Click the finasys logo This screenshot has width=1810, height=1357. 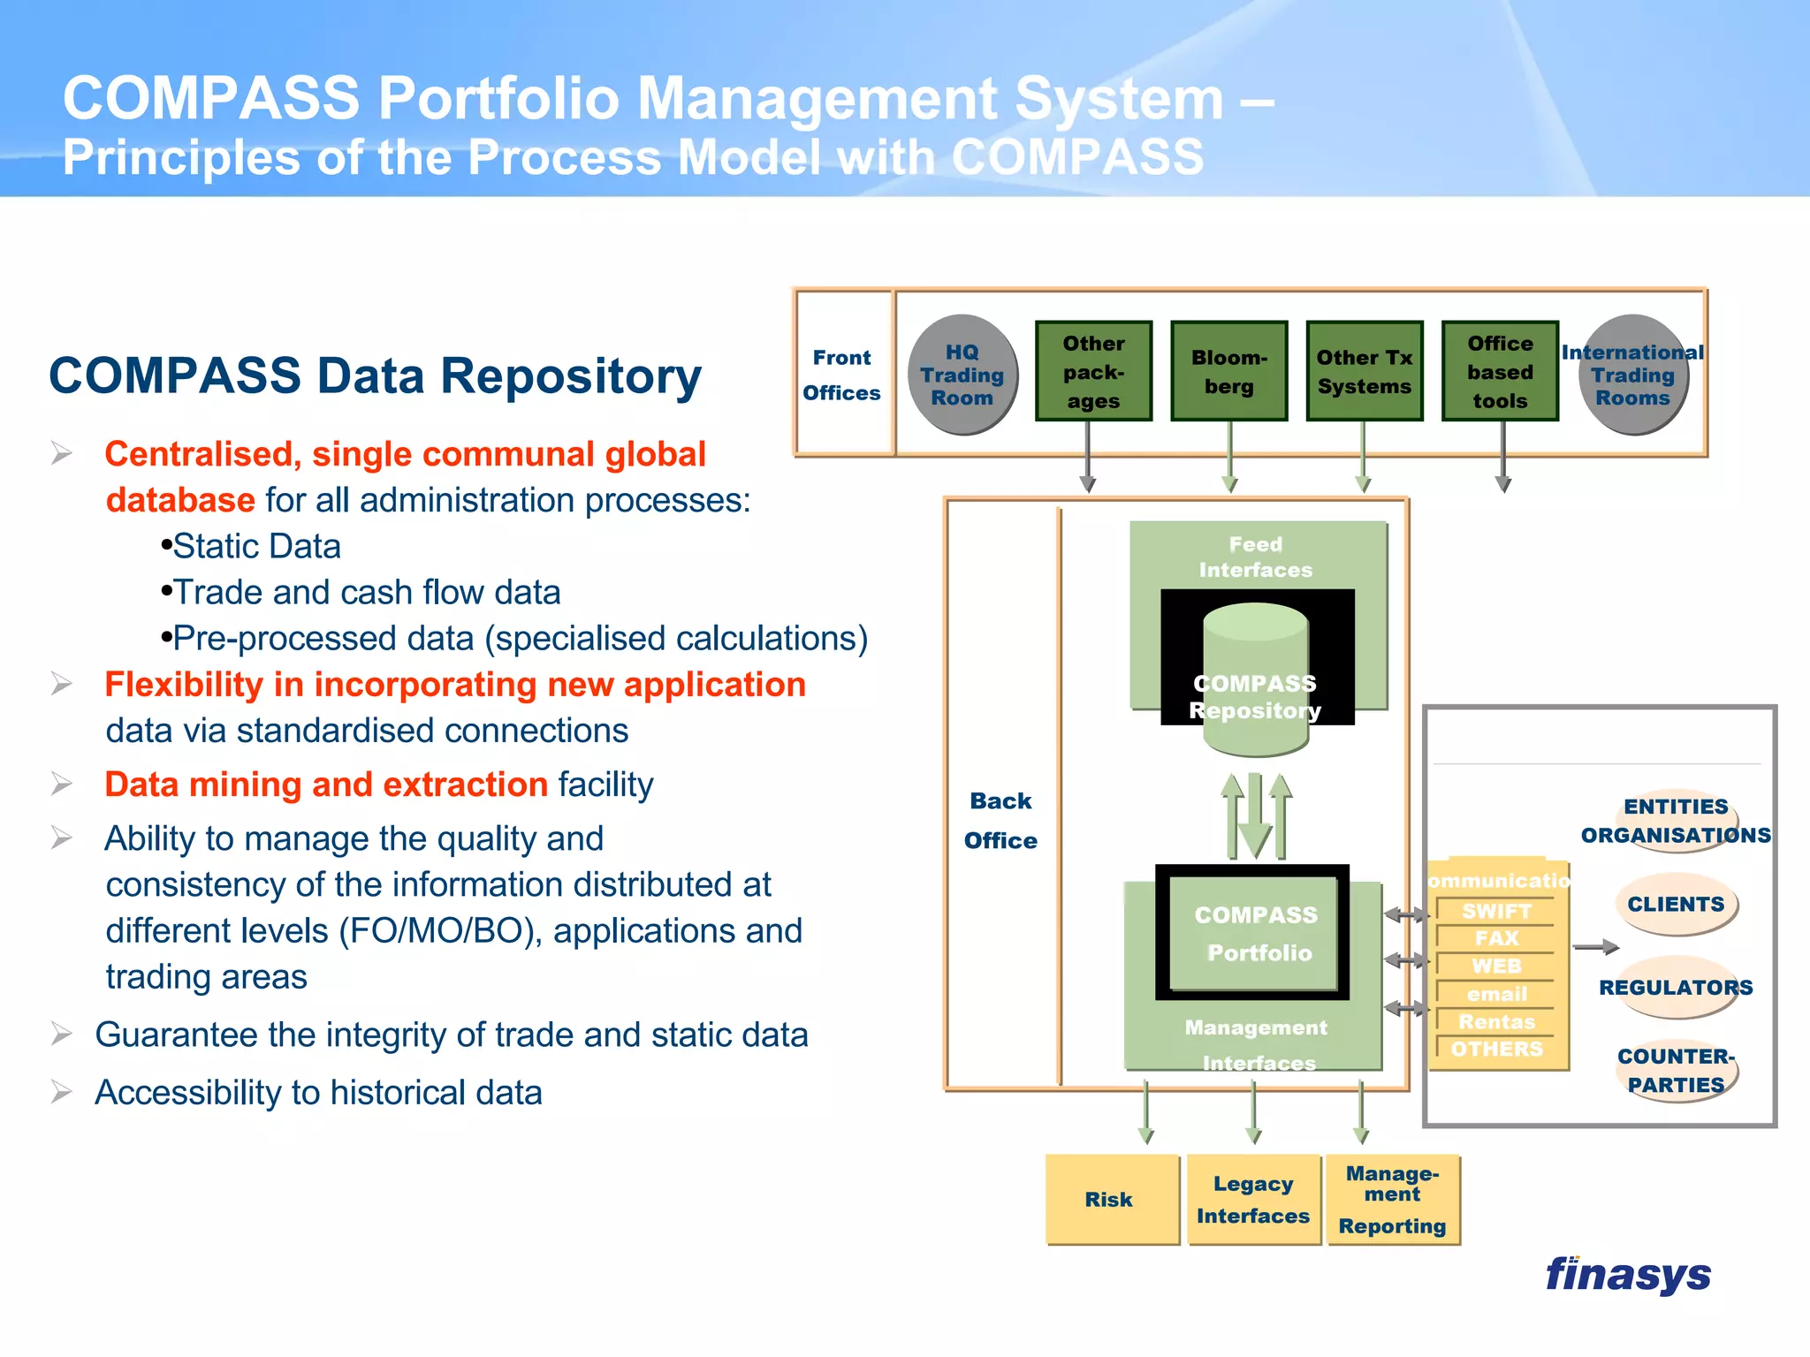(1627, 1275)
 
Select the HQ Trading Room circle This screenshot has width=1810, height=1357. (962, 375)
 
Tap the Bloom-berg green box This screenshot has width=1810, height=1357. (1228, 371)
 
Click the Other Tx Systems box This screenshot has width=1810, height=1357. (1364, 371)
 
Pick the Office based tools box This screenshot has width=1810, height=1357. (1500, 371)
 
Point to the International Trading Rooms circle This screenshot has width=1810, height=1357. (1632, 375)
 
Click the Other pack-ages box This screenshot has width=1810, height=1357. (1093, 371)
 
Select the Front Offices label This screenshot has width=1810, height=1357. (841, 375)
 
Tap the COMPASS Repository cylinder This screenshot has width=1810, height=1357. (1255, 680)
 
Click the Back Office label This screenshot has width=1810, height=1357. (1000, 820)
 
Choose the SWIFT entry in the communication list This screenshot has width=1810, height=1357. (1496, 911)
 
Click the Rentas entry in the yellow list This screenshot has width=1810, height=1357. (1496, 1021)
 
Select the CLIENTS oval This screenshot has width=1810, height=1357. (1676, 904)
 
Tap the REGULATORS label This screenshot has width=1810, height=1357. (1676, 987)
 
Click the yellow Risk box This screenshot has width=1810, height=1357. (1111, 1199)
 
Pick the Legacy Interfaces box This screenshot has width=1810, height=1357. (1253, 1199)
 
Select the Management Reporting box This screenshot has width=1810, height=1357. (1392, 1199)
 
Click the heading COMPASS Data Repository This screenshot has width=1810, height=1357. (375, 376)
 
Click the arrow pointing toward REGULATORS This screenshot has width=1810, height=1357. (1596, 947)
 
